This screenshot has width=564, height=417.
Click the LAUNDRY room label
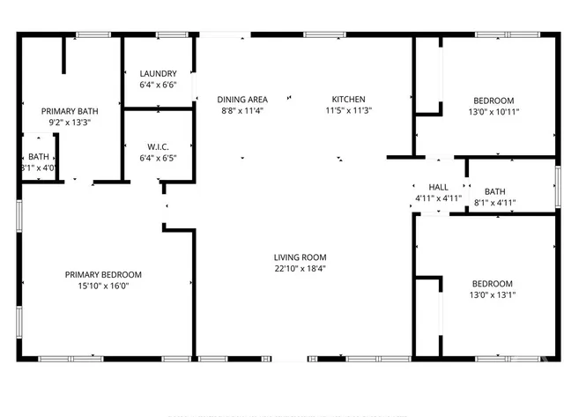pyautogui.click(x=158, y=74)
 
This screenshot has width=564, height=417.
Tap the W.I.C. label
pyautogui.click(x=158, y=147)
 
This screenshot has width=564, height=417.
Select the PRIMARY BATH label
pyautogui.click(x=70, y=111)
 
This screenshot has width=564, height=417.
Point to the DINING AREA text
pyautogui.click(x=242, y=100)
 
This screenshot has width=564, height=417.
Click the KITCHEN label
pyautogui.click(x=348, y=100)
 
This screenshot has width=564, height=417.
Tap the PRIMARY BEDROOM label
pyautogui.click(x=103, y=275)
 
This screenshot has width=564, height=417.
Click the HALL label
pyautogui.click(x=438, y=188)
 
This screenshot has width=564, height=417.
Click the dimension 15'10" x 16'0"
pyautogui.click(x=103, y=287)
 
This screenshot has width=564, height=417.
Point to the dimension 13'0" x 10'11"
pyautogui.click(x=492, y=112)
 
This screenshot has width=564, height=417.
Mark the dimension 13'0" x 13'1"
pyautogui.click(x=492, y=294)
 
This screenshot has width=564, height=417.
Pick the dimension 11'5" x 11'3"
pyautogui.click(x=348, y=111)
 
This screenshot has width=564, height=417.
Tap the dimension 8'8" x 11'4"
pyautogui.click(x=242, y=111)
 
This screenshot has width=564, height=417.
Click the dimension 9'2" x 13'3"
pyautogui.click(x=70, y=123)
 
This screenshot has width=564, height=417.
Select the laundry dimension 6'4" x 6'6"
pyautogui.click(x=158, y=86)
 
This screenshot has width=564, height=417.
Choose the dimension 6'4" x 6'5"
pyautogui.click(x=158, y=159)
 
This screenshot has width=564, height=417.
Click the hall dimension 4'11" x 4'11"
pyautogui.click(x=438, y=199)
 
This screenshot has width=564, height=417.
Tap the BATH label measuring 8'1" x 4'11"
pyautogui.click(x=494, y=191)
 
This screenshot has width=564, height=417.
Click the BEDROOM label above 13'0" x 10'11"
pyautogui.click(x=492, y=101)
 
